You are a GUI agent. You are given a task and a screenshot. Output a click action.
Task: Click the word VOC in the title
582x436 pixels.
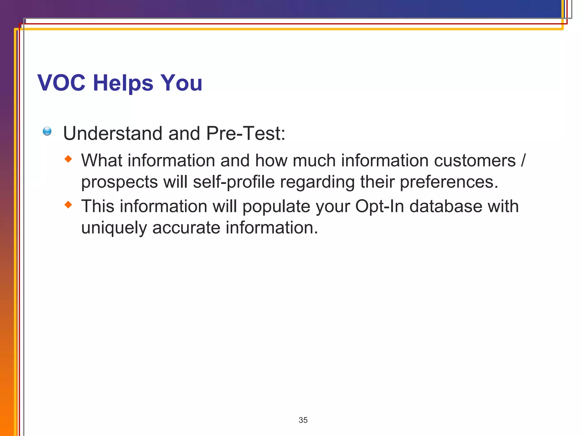click(61, 83)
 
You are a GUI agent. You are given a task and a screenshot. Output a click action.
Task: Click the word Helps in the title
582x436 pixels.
click(123, 83)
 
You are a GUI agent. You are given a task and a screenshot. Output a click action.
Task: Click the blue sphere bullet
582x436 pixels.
click(47, 131)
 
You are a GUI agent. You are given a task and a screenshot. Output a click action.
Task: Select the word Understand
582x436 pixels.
click(113, 133)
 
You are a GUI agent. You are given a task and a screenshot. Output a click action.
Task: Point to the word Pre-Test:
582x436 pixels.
click(246, 133)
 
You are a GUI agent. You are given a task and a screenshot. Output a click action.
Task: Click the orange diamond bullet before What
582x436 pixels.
click(68, 159)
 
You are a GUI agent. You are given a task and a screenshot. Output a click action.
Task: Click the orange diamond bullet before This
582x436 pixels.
click(68, 204)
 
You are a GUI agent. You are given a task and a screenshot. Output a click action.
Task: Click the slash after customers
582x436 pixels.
click(523, 161)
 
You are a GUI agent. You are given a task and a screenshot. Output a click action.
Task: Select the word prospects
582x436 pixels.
click(119, 182)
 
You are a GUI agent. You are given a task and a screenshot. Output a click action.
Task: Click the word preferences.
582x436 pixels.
click(449, 182)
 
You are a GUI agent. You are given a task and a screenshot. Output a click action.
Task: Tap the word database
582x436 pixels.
click(446, 206)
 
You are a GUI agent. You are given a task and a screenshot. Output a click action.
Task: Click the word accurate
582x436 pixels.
click(186, 228)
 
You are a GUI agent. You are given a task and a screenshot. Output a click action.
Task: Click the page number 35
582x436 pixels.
click(303, 420)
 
